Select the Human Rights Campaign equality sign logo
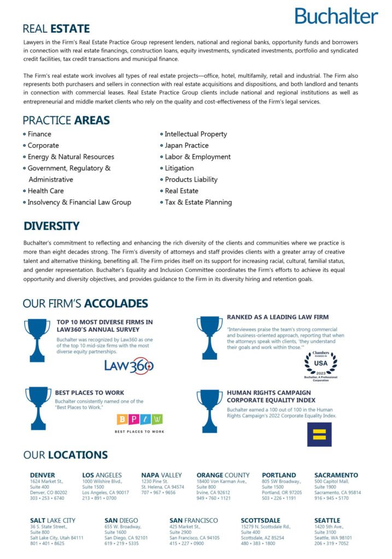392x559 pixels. tap(319, 434)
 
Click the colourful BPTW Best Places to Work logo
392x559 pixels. tap(139, 421)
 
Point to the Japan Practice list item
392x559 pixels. tap(186, 145)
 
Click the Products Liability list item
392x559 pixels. tap(191, 179)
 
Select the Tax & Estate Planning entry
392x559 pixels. tap(198, 202)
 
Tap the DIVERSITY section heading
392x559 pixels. tap(51, 225)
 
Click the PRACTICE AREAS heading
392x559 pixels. tap(66, 120)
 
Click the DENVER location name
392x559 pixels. tap(43, 475)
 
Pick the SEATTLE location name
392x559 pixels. tap(327, 520)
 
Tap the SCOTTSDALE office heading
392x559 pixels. tap(260, 520)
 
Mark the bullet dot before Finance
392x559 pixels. tap(25, 134)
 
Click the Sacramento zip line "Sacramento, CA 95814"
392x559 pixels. tap(337, 492)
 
